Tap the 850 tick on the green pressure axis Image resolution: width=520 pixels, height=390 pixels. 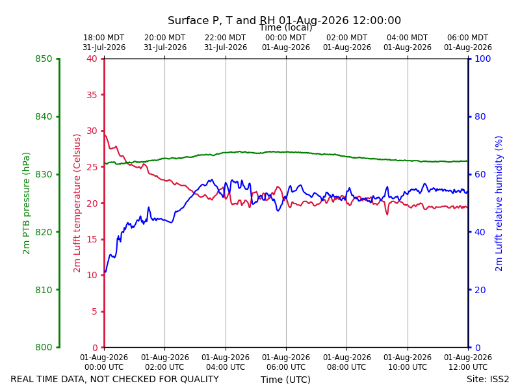(44, 58)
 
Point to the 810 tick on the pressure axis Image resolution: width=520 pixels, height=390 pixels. (44, 290)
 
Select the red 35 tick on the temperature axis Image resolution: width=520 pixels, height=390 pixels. (92, 95)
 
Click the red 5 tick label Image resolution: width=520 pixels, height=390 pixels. (94, 311)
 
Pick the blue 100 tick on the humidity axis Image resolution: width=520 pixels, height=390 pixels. (482, 58)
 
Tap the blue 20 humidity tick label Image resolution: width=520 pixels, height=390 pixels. (480, 290)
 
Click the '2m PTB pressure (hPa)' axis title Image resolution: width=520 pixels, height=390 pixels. (26, 203)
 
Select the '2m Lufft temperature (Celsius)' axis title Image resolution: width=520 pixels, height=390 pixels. (77, 203)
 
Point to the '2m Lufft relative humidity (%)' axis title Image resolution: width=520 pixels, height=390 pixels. (499, 203)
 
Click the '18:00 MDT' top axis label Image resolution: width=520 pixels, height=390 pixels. (104, 38)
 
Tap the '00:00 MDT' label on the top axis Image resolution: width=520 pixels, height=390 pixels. (286, 38)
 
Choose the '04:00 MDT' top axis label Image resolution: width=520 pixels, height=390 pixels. (408, 38)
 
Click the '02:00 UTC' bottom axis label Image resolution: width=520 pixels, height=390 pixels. (165, 367)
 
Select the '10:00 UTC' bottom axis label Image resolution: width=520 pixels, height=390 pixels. (408, 367)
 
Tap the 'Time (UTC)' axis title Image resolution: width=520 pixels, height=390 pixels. (285, 380)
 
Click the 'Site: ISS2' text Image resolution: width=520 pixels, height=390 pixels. (487, 379)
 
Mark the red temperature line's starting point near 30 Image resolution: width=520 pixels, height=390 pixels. (105, 135)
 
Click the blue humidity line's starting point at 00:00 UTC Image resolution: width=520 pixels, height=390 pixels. (105, 272)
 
